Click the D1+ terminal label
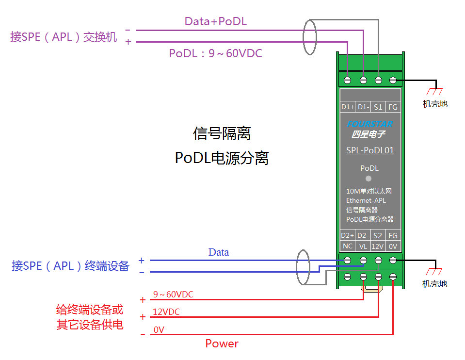347,107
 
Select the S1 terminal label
378,107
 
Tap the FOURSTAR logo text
370,124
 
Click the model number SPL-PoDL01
370,150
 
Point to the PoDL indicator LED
369,179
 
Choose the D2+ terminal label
347,235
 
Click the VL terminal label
363,246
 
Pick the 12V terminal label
378,246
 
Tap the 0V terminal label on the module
393,246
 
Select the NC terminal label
347,246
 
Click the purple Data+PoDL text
216,21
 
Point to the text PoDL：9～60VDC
215,53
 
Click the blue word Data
219,252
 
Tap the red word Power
222,344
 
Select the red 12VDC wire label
166,312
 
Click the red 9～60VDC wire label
173,295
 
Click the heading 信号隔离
222,133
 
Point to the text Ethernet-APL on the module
366,200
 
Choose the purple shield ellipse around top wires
309,36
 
